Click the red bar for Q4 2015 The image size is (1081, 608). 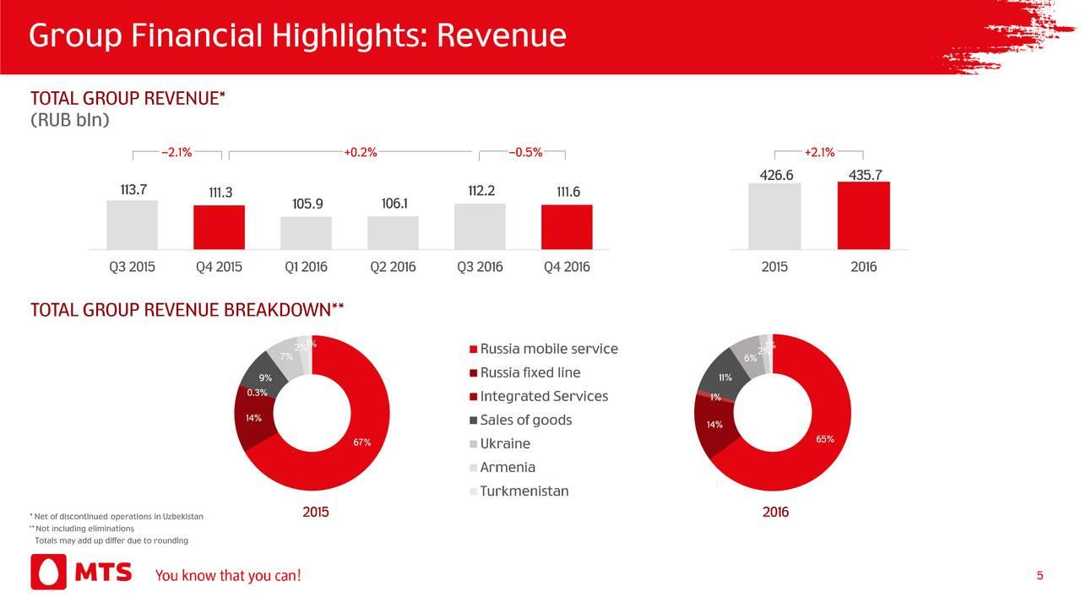tap(219, 227)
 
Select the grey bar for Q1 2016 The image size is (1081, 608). tap(306, 233)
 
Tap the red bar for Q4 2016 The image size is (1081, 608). tap(567, 227)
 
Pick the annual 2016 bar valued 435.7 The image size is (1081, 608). tap(863, 215)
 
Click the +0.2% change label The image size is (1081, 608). tap(361, 153)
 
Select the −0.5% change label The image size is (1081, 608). tap(525, 153)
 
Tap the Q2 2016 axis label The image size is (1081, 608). tap(393, 268)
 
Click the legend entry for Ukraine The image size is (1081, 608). tap(505, 444)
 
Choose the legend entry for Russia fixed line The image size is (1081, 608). tap(530, 373)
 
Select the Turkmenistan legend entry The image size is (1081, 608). tap(524, 491)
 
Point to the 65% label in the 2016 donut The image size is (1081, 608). tap(825, 439)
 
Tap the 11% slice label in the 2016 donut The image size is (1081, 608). tap(725, 377)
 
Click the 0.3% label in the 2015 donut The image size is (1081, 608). tap(257, 393)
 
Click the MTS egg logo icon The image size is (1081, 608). tap(48, 573)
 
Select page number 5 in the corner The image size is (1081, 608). tap(1040, 576)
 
